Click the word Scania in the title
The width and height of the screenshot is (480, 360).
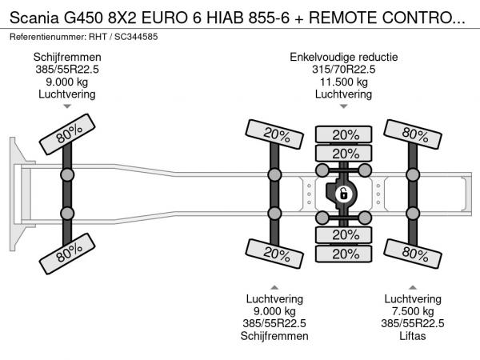(x=34, y=18)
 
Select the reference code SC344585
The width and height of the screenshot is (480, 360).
(x=136, y=37)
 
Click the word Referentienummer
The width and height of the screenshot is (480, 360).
(x=48, y=37)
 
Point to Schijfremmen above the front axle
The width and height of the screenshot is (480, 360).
(x=67, y=57)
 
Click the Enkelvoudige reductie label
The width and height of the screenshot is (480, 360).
(x=344, y=57)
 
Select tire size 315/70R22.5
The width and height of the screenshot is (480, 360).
(x=344, y=69)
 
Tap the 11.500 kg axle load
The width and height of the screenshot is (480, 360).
(x=344, y=82)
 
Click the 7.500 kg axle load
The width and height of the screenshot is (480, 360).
(x=413, y=311)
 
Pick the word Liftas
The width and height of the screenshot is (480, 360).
(x=413, y=336)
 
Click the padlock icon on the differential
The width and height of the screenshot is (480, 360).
(x=344, y=194)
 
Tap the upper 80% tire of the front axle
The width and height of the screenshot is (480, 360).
(x=67, y=134)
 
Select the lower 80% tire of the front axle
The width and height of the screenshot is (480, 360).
(x=67, y=254)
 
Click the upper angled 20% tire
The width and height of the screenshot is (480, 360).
(x=274, y=134)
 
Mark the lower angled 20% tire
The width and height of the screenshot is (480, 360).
(x=274, y=254)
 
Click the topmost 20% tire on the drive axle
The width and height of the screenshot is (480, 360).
(x=344, y=134)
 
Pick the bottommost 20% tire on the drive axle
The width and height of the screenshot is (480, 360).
(x=344, y=254)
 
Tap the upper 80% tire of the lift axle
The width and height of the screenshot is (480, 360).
(x=413, y=134)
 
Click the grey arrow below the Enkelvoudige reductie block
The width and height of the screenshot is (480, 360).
(x=344, y=106)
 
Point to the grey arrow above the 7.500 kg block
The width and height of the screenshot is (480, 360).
(x=413, y=287)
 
